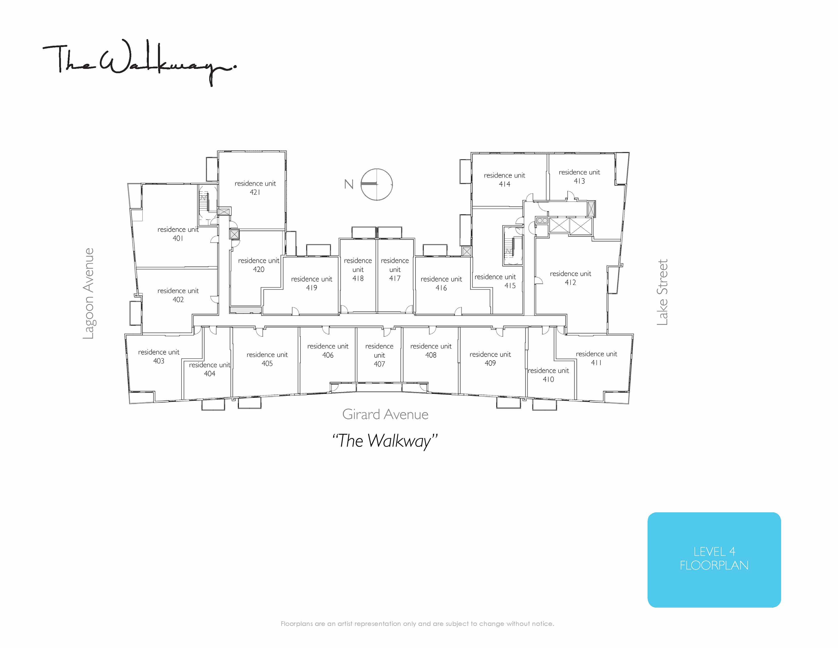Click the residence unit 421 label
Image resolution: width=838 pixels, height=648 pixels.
(x=255, y=188)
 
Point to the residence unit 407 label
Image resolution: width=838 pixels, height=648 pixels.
(x=379, y=355)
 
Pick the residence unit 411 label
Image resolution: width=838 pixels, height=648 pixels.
(x=596, y=358)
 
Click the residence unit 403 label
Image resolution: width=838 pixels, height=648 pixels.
(x=159, y=356)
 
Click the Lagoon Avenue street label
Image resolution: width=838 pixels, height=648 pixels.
(x=89, y=293)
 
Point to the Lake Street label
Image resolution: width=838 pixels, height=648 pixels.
(x=662, y=292)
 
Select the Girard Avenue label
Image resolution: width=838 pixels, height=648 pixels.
(x=385, y=414)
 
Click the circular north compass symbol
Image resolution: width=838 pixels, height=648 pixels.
(x=377, y=184)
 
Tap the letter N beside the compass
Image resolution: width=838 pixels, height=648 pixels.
(x=349, y=184)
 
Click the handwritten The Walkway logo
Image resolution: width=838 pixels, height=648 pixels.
(x=140, y=62)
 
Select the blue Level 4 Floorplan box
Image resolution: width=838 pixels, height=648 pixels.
(x=714, y=560)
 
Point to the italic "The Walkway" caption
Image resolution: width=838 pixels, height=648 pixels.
(x=385, y=441)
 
